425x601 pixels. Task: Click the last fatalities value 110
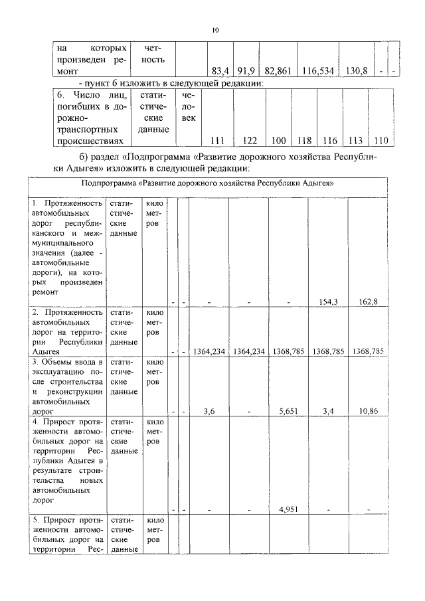[x=382, y=140]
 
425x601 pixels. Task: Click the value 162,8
[x=366, y=301]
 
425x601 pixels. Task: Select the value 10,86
[x=366, y=411]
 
